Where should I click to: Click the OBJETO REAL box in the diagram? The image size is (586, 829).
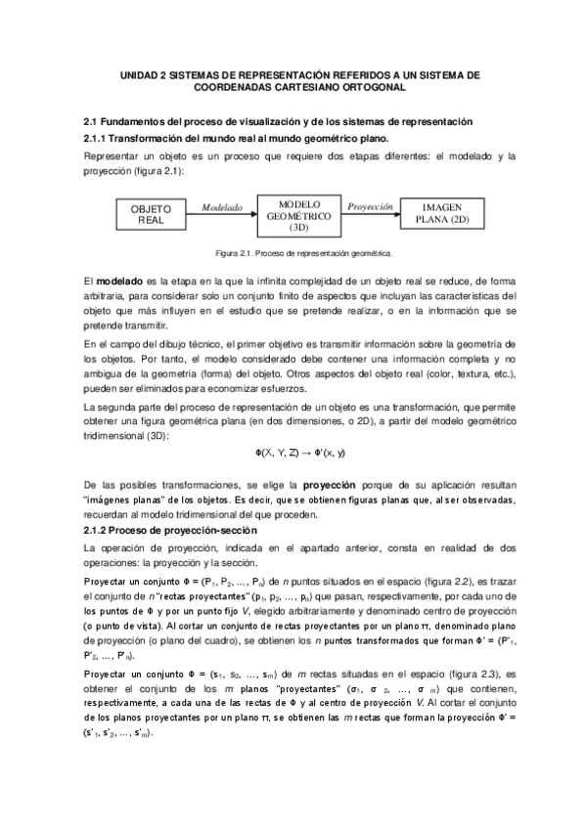pyautogui.click(x=151, y=214)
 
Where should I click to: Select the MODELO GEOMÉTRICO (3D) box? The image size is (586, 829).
pyautogui.click(x=299, y=214)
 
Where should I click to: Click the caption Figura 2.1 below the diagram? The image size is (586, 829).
pyautogui.click(x=304, y=251)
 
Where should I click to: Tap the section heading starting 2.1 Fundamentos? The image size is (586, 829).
pyautogui.click(x=278, y=120)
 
